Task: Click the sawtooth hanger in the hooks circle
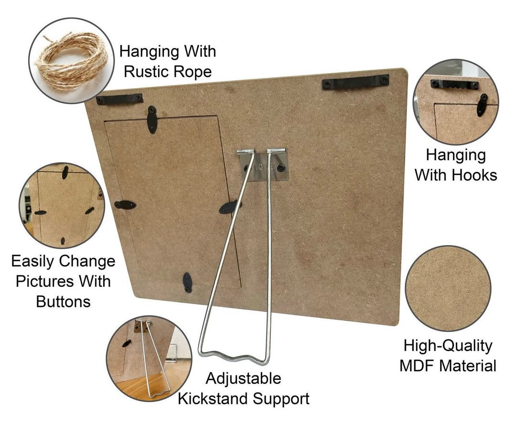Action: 454,85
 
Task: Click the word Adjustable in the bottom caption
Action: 243,379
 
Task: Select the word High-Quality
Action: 448,346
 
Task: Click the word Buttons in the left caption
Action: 63,301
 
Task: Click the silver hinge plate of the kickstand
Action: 263,166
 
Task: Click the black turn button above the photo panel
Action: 152,120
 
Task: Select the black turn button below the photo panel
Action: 188,282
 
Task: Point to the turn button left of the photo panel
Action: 125,205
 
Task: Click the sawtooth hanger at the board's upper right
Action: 355,82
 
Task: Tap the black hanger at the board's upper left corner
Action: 119,99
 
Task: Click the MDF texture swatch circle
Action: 448,288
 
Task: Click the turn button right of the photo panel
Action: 230,207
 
